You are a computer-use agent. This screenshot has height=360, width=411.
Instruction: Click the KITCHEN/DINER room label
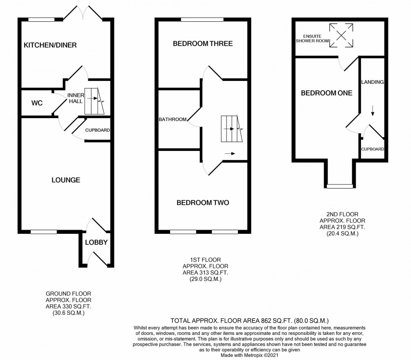50,45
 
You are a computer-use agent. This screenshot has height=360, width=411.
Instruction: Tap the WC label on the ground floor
37,102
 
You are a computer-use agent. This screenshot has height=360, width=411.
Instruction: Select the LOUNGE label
66,180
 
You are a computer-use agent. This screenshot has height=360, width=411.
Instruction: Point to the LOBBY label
96,242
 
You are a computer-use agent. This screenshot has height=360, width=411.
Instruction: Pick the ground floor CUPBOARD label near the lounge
97,130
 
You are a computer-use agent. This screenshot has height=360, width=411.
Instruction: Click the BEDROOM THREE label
203,44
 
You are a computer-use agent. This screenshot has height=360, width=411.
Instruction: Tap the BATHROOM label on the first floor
172,119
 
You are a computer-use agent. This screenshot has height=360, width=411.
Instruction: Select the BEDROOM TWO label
203,202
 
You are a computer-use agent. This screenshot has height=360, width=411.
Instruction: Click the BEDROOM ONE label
326,93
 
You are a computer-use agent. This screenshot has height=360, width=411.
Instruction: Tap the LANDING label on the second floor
372,82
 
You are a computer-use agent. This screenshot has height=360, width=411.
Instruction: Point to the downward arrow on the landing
372,111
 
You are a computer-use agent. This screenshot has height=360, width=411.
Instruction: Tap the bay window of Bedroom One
339,186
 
